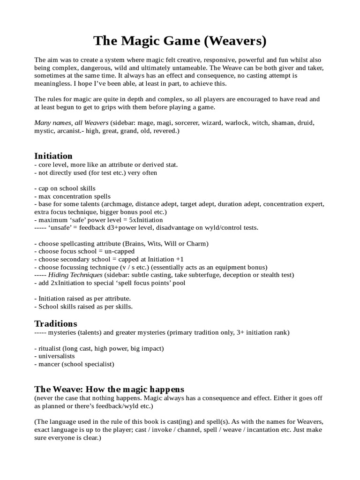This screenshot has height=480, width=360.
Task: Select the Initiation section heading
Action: click(53, 156)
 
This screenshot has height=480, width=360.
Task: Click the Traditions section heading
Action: click(56, 323)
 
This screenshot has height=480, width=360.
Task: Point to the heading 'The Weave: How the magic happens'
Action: click(109, 389)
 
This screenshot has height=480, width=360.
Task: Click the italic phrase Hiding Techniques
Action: click(75, 275)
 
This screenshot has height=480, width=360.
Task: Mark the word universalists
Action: click(56, 356)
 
